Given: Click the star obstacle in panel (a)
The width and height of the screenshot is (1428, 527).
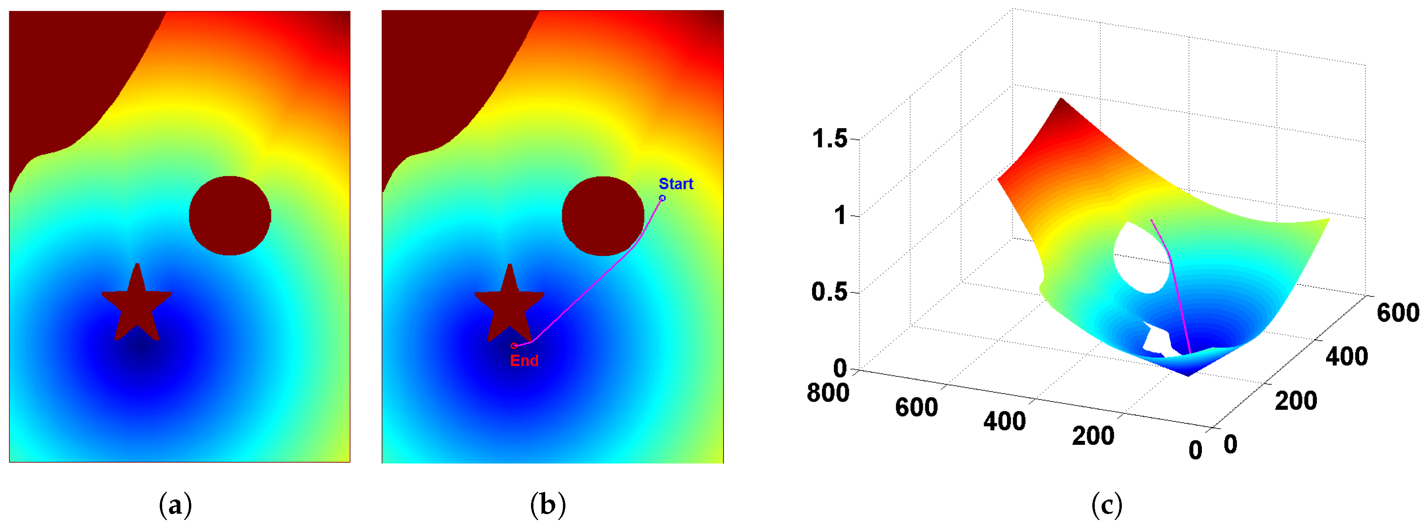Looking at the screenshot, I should coord(136,305).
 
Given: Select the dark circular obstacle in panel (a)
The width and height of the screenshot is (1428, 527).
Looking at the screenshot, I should coord(229,216).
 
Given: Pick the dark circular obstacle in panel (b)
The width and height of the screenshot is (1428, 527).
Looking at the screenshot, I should coord(603,216).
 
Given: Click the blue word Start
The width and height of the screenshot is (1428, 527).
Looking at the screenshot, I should coord(676,184).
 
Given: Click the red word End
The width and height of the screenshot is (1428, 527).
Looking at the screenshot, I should coord(524,361).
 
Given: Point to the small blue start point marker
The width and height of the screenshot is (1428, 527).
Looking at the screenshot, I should coord(662,198).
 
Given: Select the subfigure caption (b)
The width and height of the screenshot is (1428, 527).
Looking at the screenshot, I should coord(548,505).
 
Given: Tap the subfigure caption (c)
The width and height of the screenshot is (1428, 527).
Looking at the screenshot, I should coord(1106,505).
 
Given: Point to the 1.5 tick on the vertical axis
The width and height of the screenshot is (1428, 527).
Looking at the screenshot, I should coord(830,139).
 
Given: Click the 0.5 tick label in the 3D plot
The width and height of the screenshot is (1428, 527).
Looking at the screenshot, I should coord(830,292).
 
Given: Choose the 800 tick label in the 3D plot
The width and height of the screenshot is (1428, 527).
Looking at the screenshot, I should coord(827,393).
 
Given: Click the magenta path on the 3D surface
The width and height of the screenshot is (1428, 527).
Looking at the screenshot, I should coord(1174,288).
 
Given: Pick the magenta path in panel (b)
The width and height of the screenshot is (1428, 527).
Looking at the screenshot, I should coord(588,292).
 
